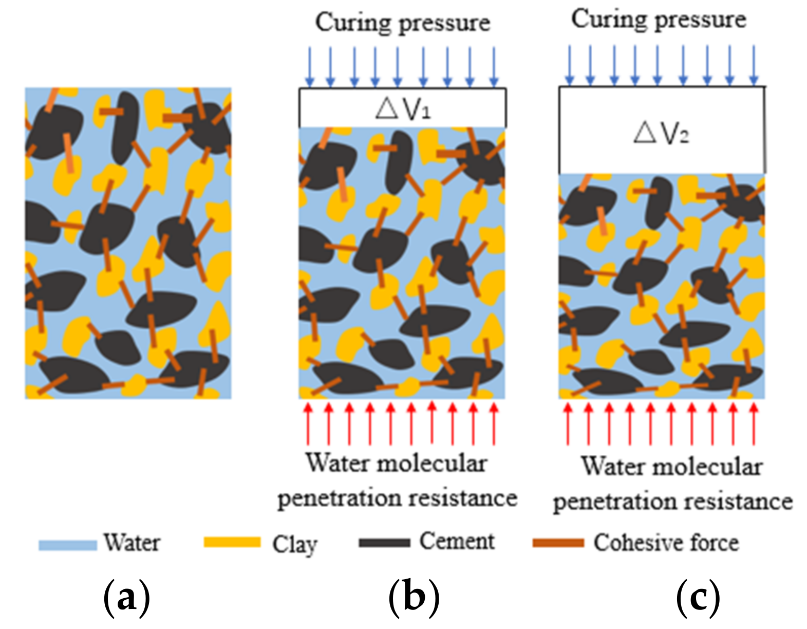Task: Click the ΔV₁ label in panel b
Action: (403, 108)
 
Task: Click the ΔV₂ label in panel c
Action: (661, 133)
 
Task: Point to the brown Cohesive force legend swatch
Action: (558, 543)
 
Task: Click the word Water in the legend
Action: (132, 543)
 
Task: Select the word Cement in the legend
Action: (457, 541)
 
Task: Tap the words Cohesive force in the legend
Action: (666, 543)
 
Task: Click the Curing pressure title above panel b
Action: (403, 23)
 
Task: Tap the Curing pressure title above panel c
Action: (659, 20)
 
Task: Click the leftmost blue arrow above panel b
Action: (309, 67)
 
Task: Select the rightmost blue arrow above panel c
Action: (754, 65)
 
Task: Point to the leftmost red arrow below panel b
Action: (308, 423)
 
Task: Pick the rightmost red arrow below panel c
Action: (754, 423)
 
